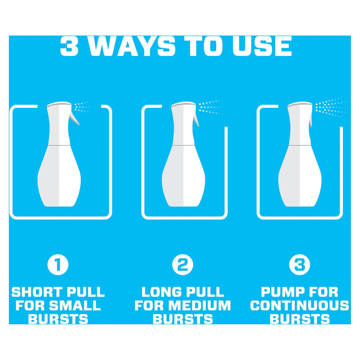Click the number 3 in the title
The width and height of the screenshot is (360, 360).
[x=69, y=46]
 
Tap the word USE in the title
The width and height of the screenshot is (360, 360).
[x=262, y=46]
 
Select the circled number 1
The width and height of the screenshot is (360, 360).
[x=58, y=264]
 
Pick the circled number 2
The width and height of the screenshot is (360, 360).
[x=183, y=264]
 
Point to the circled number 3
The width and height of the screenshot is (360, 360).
[x=300, y=264]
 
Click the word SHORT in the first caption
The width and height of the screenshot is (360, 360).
[x=37, y=292]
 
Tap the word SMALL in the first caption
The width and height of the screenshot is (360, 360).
[x=75, y=305]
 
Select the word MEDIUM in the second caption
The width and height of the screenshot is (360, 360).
[x=199, y=305]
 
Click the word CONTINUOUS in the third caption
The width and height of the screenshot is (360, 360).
[x=300, y=305]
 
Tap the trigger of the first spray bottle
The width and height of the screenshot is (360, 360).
[x=74, y=118]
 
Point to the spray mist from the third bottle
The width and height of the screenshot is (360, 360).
[x=331, y=108]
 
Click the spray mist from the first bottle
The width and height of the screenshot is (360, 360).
[x=83, y=107]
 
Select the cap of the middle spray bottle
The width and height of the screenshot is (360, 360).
[x=183, y=105]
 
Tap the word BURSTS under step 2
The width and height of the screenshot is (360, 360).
[x=183, y=319]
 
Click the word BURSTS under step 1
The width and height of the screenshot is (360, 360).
[x=58, y=319]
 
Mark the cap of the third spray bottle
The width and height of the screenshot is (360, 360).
[x=300, y=105]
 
